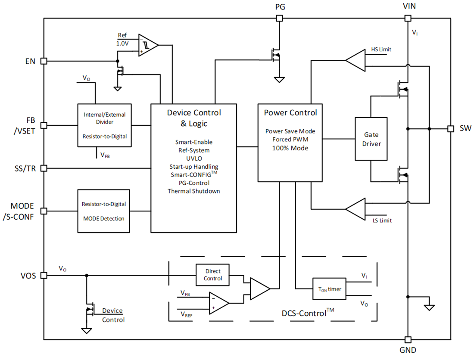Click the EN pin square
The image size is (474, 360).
44,61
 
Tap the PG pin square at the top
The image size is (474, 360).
279,18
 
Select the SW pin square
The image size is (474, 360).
450,128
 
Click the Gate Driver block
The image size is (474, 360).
371,139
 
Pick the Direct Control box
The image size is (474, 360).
212,275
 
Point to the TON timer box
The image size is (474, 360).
329,289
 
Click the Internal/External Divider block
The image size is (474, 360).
105,125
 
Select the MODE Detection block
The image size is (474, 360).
103,211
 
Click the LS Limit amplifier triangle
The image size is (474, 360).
356,209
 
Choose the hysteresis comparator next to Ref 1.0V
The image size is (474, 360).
148,45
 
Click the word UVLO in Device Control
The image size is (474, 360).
193,158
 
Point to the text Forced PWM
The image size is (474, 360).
290,140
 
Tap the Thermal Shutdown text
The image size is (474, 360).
193,191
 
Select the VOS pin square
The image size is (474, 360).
44,275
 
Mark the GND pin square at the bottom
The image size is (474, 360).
408,339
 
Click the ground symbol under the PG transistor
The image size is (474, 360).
279,80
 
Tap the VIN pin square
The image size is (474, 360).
408,18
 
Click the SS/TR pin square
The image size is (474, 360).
44,168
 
